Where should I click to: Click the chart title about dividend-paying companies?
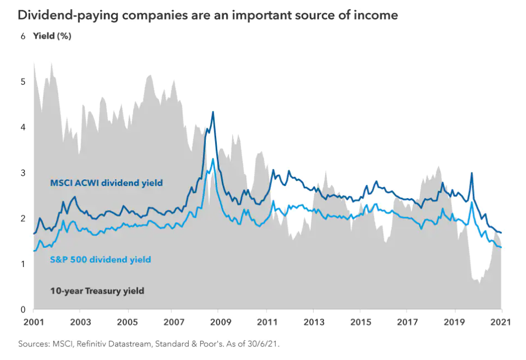(207, 15)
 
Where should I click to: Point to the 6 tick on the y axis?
(23, 37)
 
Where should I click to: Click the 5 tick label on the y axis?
(23, 82)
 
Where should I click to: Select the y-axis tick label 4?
(23, 127)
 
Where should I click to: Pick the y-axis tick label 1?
(23, 264)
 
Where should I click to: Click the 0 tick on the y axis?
(23, 310)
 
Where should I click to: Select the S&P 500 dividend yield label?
(100, 259)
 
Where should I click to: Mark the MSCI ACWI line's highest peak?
(213, 112)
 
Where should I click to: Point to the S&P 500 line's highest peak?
(213, 159)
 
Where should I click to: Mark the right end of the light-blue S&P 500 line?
(501, 247)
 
